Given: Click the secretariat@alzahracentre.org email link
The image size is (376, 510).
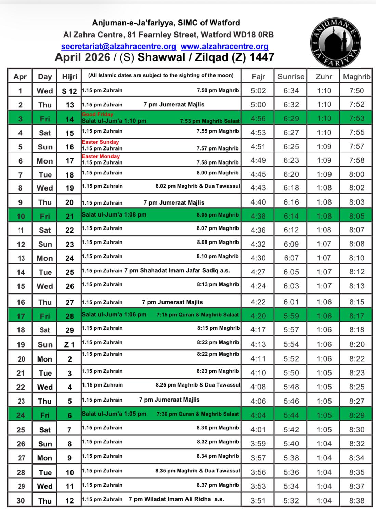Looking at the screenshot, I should (x=118, y=46).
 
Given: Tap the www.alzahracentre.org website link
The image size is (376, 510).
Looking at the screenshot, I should (x=224, y=46).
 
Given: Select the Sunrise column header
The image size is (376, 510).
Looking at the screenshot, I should (x=291, y=77).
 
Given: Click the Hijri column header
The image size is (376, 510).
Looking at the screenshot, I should (x=69, y=77).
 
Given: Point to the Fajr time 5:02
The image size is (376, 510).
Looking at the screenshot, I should (x=258, y=91).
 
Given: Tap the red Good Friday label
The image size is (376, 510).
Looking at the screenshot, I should (x=97, y=114).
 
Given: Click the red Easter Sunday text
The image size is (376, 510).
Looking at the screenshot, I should (x=100, y=142).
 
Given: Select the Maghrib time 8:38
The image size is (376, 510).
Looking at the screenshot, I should (x=356, y=500).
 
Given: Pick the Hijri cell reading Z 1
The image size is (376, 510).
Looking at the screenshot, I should (x=69, y=344).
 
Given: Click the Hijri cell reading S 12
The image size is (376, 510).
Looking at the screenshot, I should (x=69, y=91).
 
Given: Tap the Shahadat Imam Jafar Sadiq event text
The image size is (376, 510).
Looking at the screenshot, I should (x=177, y=270).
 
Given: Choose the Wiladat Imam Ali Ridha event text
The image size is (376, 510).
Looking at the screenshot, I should (x=176, y=499).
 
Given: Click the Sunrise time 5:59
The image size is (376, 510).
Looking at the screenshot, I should (x=291, y=316).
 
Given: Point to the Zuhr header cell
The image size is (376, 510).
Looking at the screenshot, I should (x=324, y=77).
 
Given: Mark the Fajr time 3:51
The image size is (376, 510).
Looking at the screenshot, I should (x=258, y=500).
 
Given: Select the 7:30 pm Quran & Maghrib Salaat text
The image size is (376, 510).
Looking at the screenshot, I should (x=198, y=414).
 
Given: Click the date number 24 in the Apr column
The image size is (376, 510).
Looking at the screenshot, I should (x=21, y=415).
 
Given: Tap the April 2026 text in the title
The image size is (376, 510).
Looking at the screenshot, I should (x=82, y=57).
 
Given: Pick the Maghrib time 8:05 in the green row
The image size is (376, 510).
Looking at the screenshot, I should (x=356, y=216).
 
